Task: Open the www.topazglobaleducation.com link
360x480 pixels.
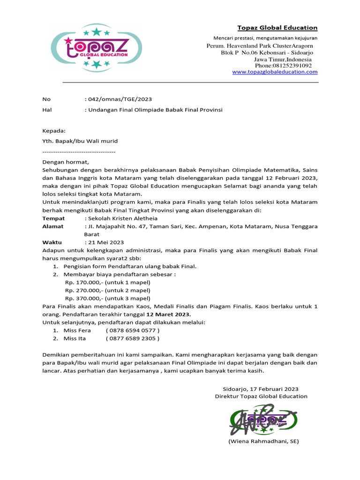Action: click(275, 72)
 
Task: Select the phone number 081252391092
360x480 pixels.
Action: click(290, 66)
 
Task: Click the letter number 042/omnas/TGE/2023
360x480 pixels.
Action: click(120, 99)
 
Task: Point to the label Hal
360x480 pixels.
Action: click(46, 110)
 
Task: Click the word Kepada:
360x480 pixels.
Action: click(54, 131)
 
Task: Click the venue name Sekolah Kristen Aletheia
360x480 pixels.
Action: click(122, 218)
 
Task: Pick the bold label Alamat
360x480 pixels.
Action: click(53, 226)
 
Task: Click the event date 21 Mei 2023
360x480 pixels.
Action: click(105, 242)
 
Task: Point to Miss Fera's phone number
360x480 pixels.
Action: click(132, 330)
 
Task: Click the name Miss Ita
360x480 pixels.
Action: click(75, 338)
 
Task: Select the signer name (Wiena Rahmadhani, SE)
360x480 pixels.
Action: click(263, 442)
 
